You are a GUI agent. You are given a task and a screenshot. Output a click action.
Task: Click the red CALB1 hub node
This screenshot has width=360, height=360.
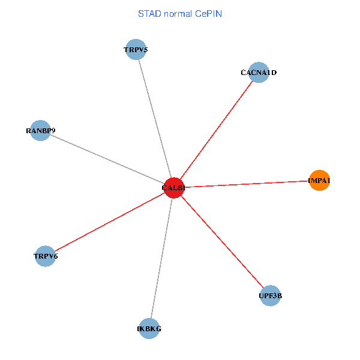173,188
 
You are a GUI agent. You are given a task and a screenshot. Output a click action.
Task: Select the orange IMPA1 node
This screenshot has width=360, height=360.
319,181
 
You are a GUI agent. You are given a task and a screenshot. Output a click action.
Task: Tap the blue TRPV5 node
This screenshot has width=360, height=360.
136,50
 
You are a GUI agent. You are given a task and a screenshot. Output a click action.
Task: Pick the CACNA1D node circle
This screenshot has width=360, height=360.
258,73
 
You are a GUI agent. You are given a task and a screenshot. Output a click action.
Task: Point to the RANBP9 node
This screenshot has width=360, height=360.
40,130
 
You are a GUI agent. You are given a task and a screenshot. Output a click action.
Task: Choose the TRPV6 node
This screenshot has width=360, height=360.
46,256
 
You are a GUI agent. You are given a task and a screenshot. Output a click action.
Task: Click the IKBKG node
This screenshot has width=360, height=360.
149,328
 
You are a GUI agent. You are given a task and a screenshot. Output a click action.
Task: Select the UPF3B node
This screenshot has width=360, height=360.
271,295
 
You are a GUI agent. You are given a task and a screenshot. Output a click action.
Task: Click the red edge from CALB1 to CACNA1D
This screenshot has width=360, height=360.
216,130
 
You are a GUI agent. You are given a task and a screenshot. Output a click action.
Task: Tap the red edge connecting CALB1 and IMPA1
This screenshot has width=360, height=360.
246,184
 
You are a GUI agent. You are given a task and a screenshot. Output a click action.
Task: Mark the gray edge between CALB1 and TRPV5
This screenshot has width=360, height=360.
155,119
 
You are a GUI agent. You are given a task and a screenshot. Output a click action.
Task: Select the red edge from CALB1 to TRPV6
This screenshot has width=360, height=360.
109,222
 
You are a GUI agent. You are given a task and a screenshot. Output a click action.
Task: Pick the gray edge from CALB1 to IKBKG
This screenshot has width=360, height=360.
161,258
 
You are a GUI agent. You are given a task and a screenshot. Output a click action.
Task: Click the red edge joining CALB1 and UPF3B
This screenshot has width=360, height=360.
222,241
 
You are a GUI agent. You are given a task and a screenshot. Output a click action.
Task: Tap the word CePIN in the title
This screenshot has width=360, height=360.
207,13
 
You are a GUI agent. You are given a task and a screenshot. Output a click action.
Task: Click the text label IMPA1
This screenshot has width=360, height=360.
319,181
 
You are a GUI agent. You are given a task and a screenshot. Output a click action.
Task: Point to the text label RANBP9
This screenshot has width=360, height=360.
40,130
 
